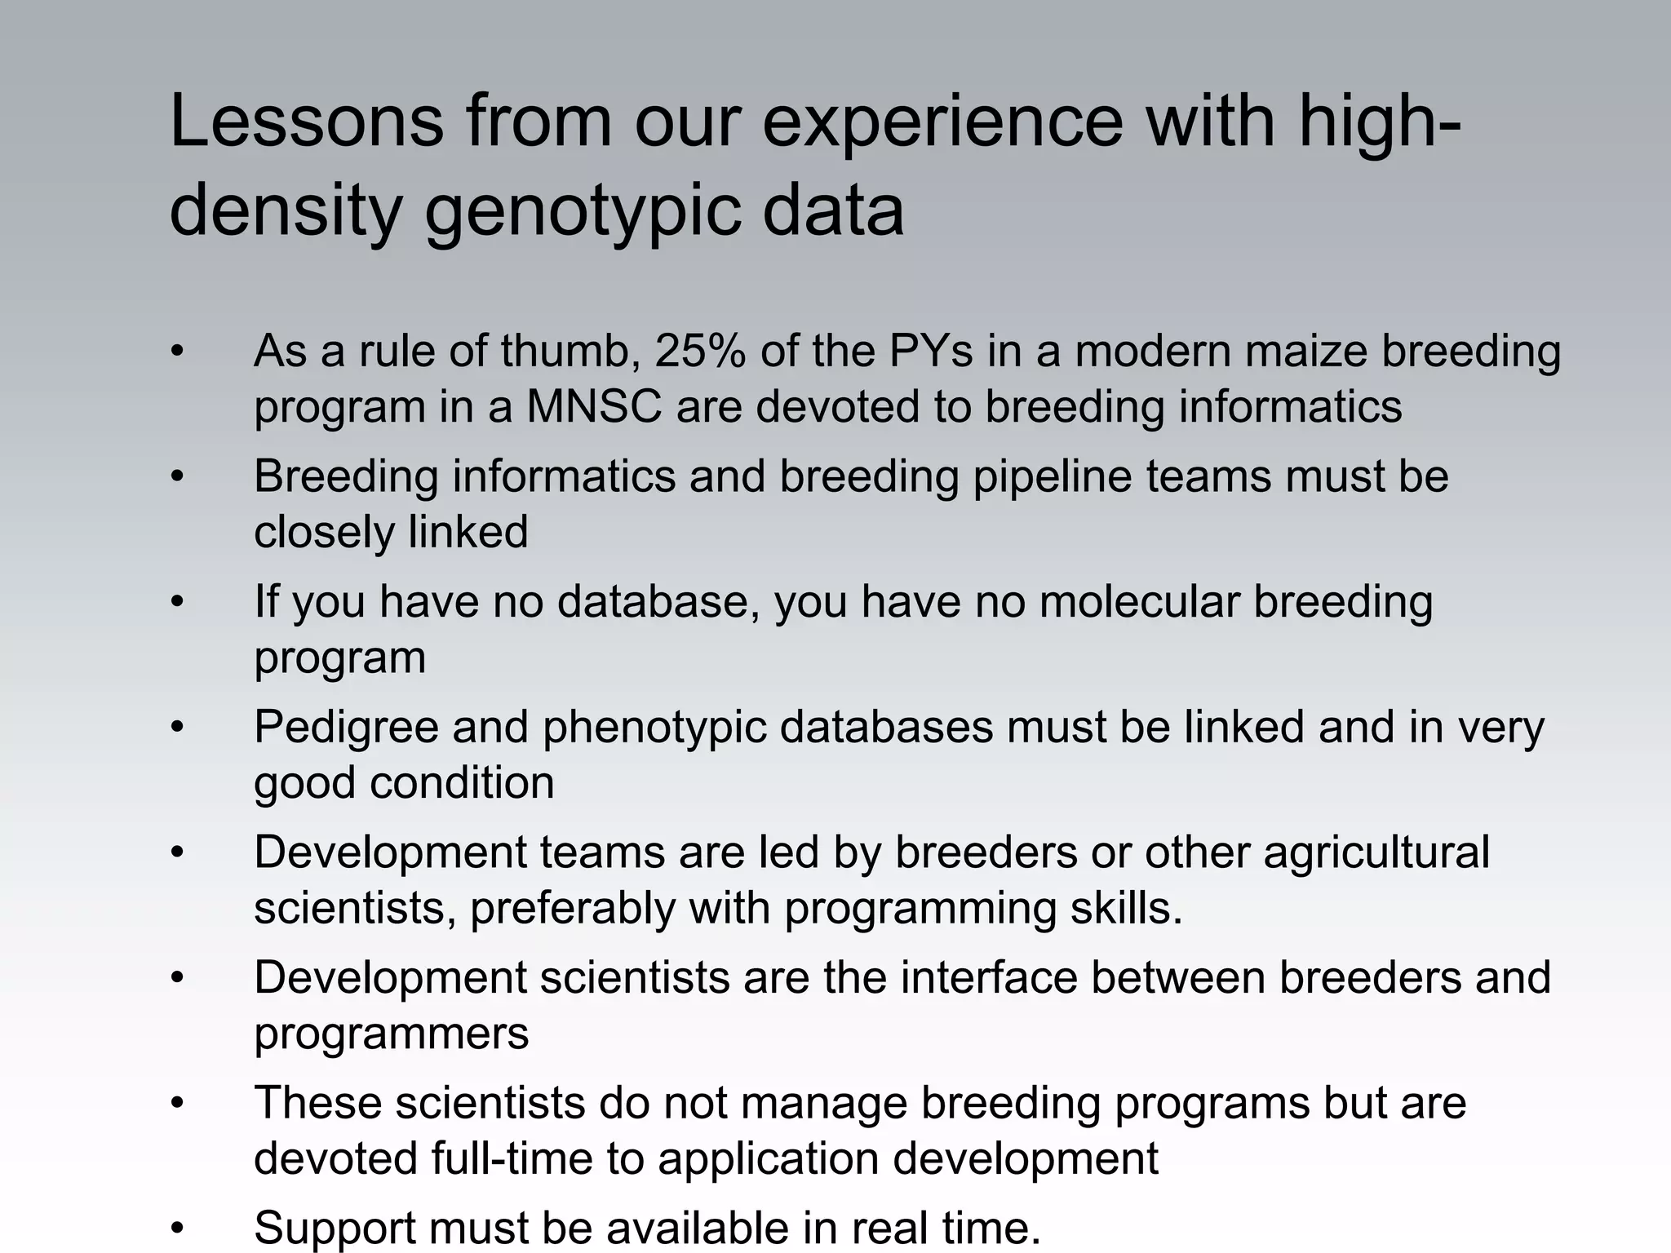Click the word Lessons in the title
[x=306, y=122]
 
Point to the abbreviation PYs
[x=931, y=352]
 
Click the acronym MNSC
[x=593, y=407]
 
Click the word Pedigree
[x=346, y=728]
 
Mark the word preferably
[x=573, y=909]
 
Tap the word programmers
[x=392, y=1034]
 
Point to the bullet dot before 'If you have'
[x=177, y=602]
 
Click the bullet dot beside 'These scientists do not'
[x=177, y=1104]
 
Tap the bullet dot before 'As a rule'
[x=177, y=352]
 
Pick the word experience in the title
[x=942, y=122]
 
